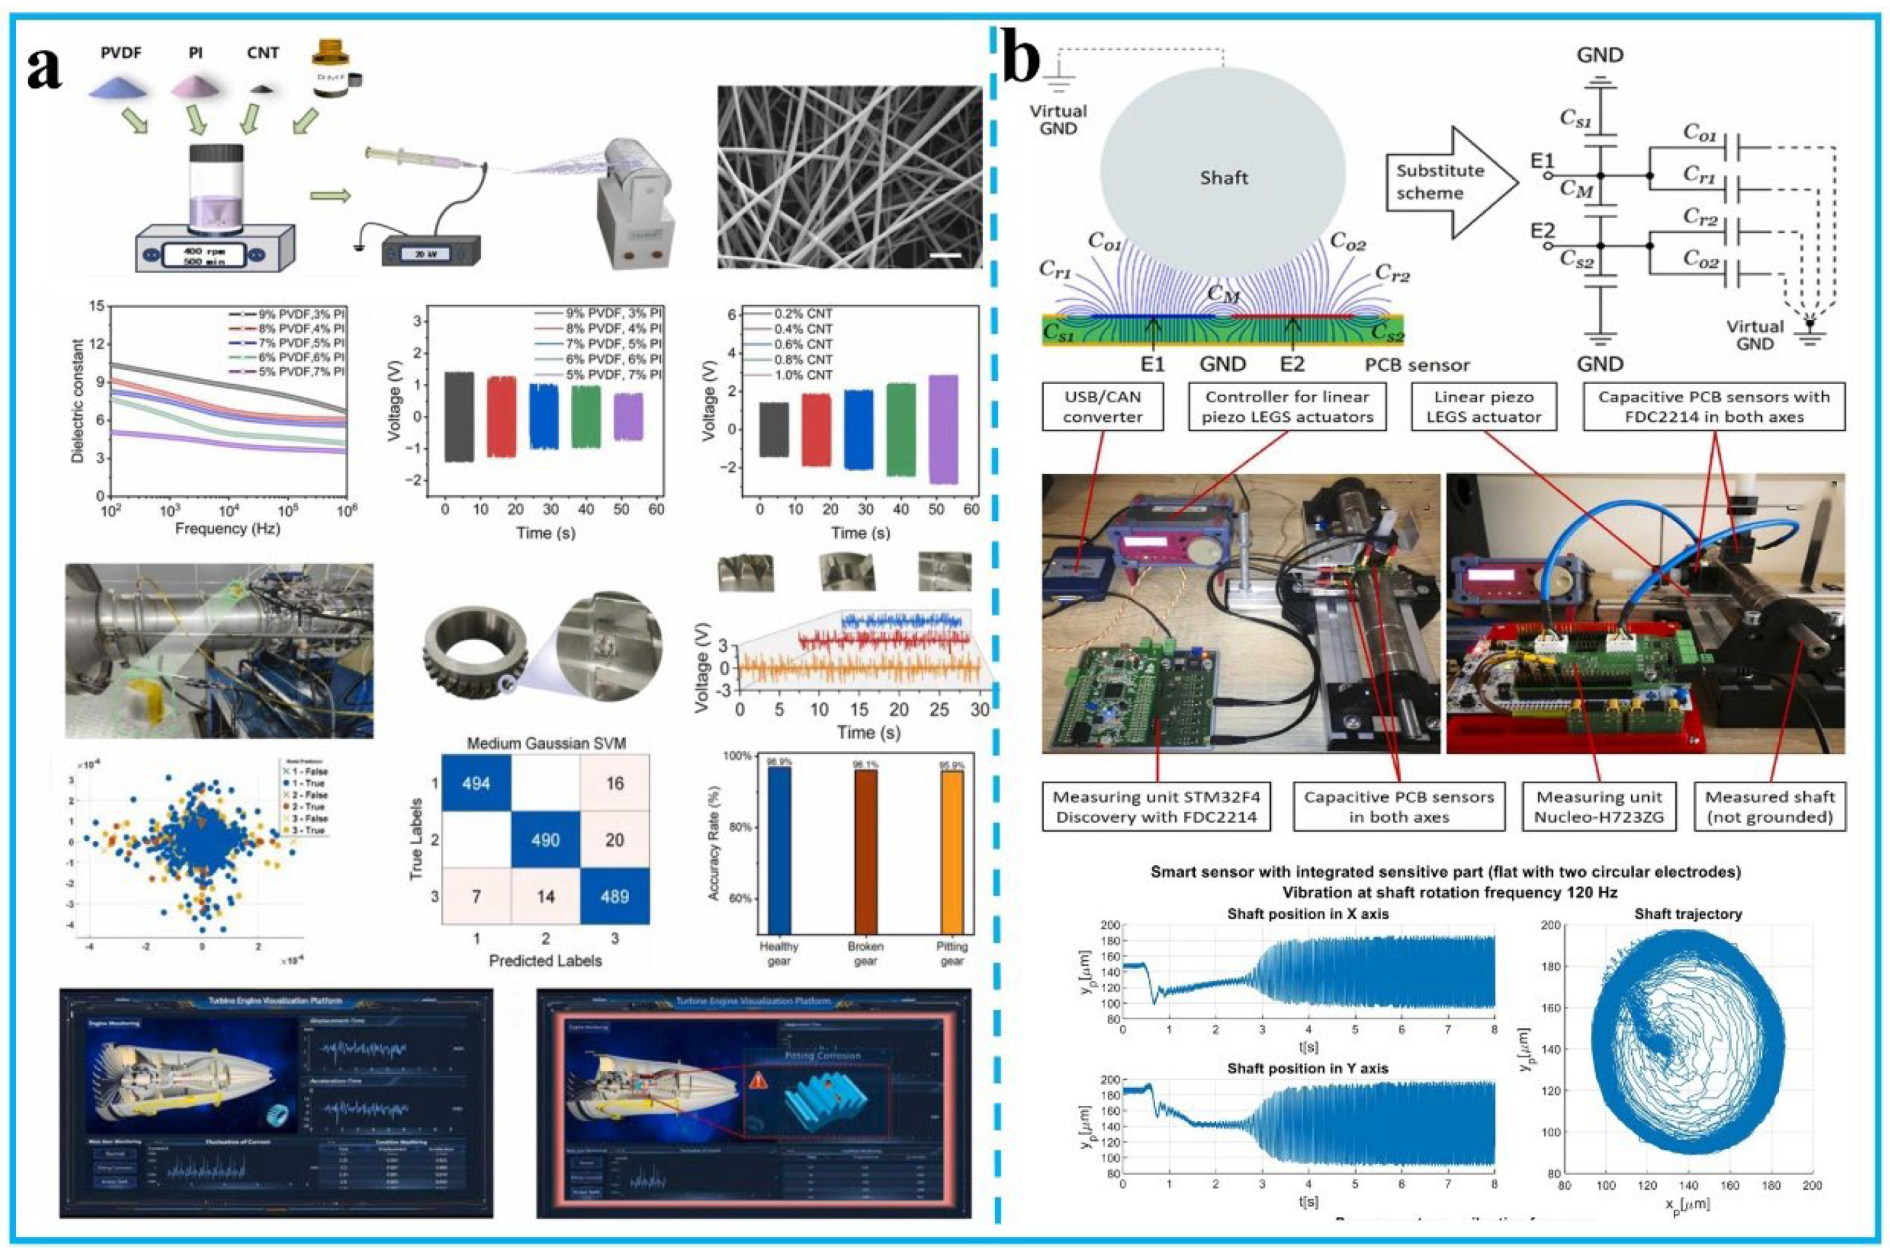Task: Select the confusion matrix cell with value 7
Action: [x=476, y=896]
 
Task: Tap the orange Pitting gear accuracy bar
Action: [x=952, y=851]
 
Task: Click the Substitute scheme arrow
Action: [x=1447, y=182]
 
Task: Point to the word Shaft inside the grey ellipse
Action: [x=1223, y=178]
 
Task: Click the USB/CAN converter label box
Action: [x=1102, y=407]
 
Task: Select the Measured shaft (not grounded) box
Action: [x=1768, y=807]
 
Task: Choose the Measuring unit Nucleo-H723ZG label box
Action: [x=1598, y=807]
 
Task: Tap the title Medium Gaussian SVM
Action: [x=546, y=743]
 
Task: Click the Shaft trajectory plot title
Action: [x=1687, y=914]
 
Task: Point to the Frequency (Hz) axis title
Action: [x=227, y=529]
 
